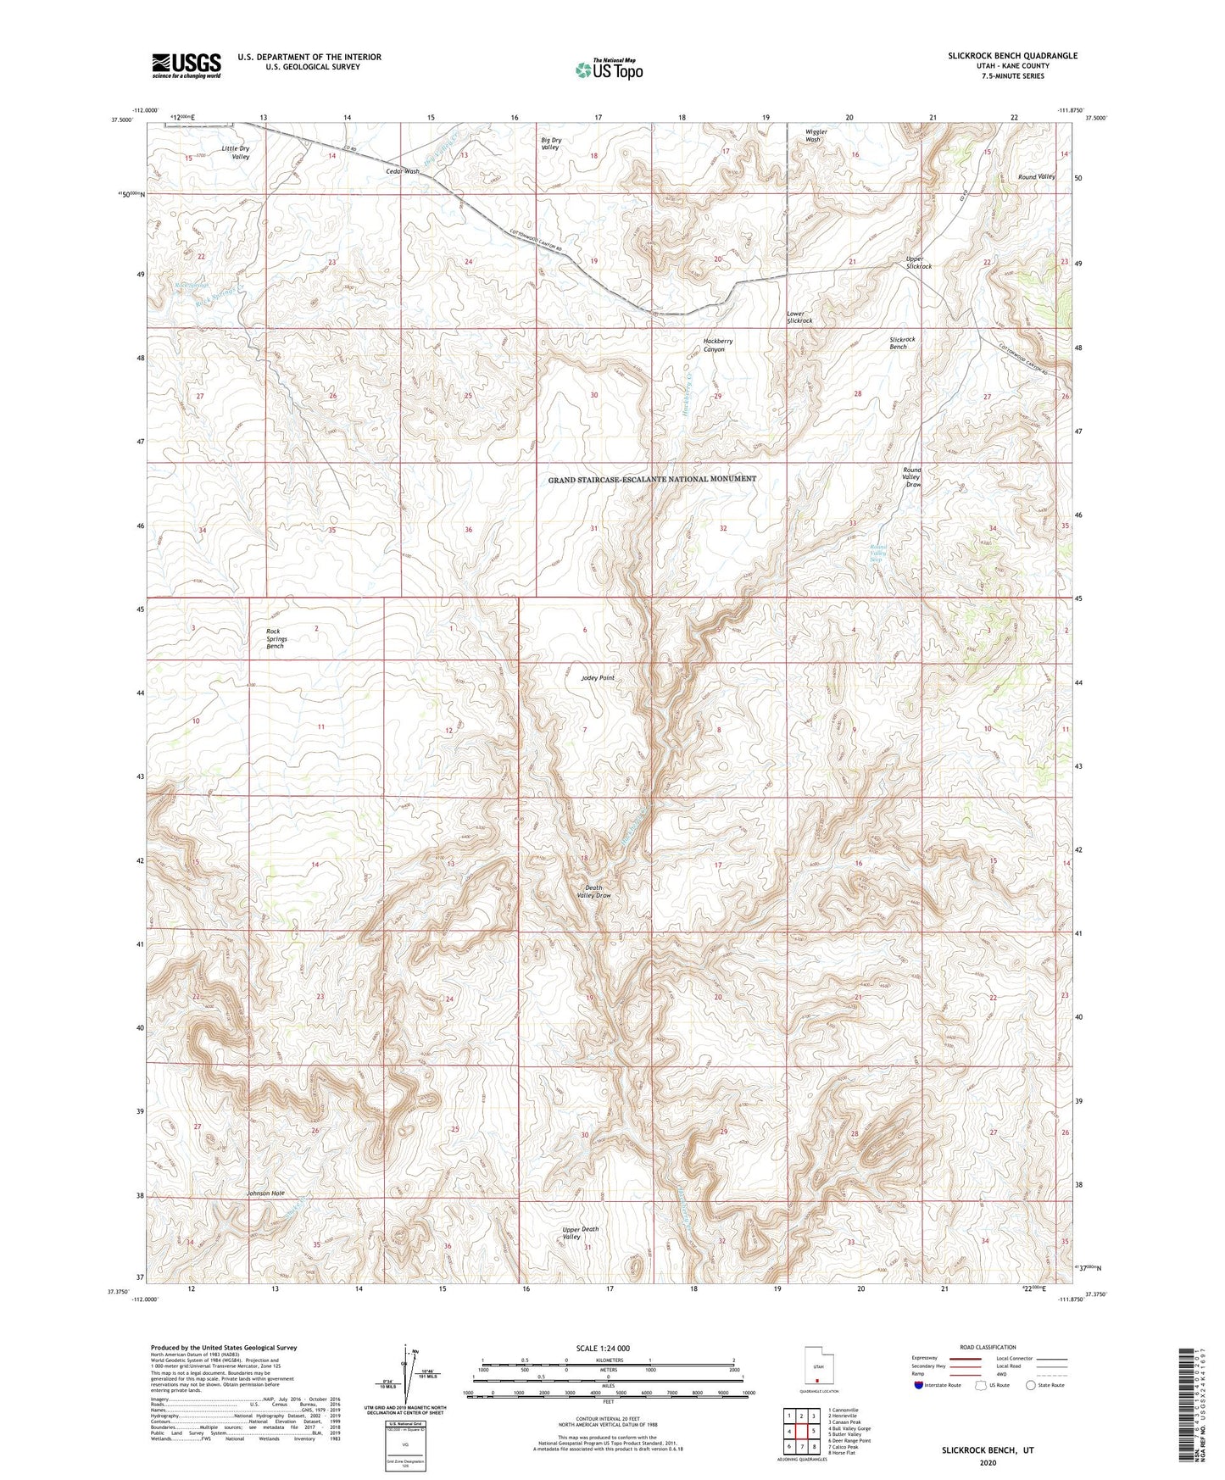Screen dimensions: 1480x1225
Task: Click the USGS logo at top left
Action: click(186, 65)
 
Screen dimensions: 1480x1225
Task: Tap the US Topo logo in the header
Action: click(609, 70)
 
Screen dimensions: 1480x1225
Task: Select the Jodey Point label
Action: click(598, 678)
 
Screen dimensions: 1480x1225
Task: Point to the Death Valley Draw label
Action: click(593, 892)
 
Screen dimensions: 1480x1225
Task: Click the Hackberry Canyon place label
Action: click(718, 345)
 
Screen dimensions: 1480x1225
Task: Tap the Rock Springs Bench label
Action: click(276, 638)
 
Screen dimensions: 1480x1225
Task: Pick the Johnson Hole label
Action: click(265, 1193)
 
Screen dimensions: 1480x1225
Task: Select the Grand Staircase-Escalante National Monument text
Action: click(652, 479)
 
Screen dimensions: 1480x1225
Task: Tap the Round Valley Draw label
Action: click(912, 476)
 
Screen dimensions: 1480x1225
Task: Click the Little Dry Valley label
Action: click(236, 153)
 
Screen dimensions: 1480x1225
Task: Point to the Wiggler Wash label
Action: click(816, 136)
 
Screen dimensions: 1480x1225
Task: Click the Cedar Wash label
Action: click(403, 171)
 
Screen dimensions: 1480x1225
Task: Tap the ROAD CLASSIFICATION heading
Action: click(988, 1347)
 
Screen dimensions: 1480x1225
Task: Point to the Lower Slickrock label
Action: click(799, 317)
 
